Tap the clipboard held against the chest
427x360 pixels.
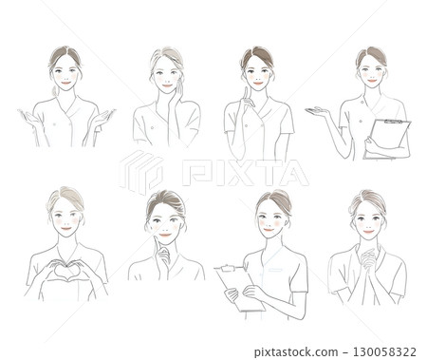pos(386,139)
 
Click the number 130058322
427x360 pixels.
pos(383,351)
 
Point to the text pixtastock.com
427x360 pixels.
pos(296,352)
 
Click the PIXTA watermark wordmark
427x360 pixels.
pos(245,173)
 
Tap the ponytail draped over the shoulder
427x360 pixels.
pos(55,90)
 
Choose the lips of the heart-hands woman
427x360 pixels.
pos(66,228)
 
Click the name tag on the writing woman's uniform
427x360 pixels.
pos(275,269)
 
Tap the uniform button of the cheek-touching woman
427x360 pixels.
pos(152,127)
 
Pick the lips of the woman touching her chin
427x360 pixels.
pos(165,235)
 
